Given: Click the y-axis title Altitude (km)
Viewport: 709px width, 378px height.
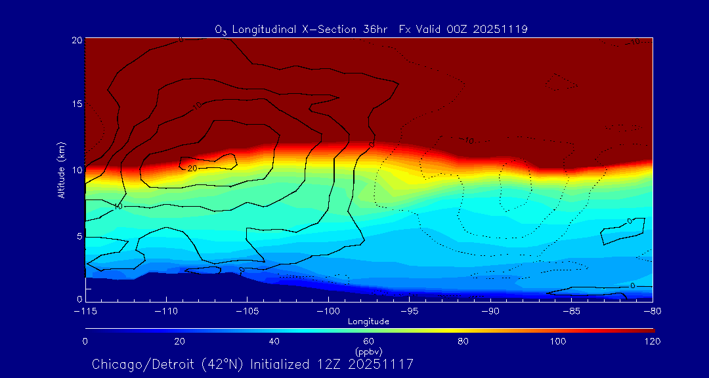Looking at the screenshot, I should click(61, 170).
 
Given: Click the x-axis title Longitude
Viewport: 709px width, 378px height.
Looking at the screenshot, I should click(368, 322).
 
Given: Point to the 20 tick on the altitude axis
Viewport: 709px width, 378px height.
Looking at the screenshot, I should click(76, 40).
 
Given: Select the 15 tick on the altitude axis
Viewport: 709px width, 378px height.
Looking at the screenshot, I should click(76, 104).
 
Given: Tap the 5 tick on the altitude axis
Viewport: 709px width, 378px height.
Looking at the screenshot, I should click(79, 235).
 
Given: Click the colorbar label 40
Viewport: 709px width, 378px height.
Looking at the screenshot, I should click(274, 341).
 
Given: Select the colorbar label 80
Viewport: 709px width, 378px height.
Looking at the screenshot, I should click(463, 341).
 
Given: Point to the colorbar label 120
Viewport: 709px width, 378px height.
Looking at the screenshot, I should click(653, 341).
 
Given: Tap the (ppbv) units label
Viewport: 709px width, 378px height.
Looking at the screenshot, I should click(368, 352).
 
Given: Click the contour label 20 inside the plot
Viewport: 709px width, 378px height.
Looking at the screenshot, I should click(192, 169).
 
